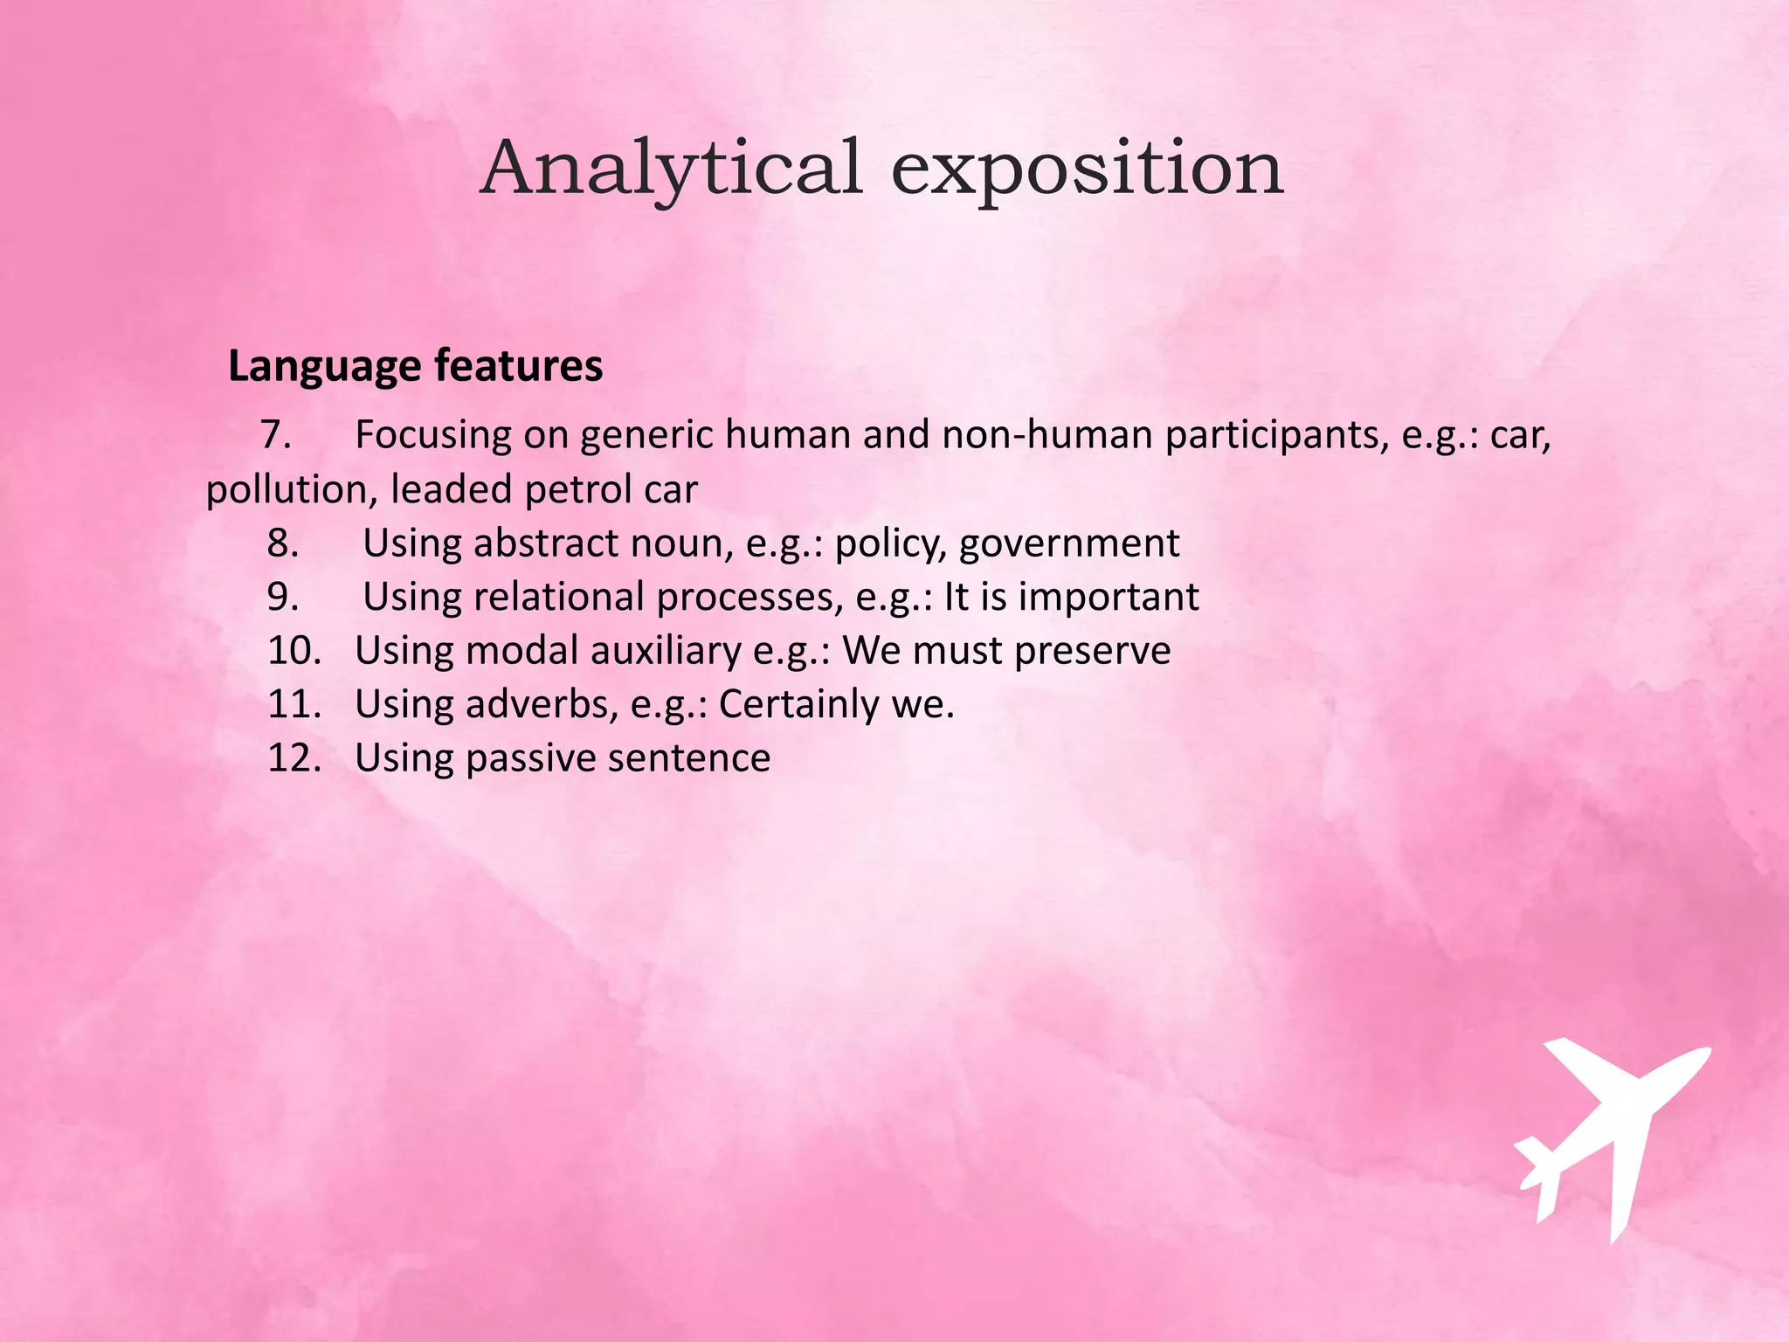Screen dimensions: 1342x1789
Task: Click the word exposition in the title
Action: (x=1087, y=169)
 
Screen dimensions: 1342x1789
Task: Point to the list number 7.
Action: (x=276, y=434)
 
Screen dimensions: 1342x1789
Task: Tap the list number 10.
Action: (x=294, y=651)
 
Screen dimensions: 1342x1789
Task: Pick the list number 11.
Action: (x=294, y=704)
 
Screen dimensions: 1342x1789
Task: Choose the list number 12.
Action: (x=294, y=757)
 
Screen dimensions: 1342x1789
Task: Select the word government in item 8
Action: (x=1069, y=544)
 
